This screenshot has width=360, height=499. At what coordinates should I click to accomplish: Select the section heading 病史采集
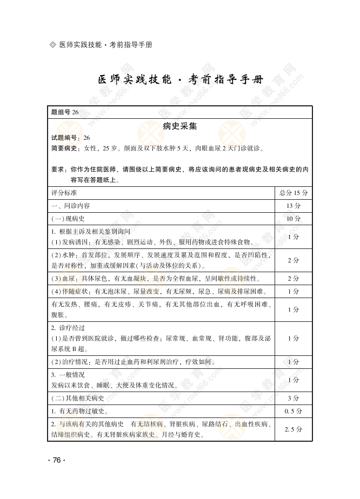pyautogui.click(x=180, y=126)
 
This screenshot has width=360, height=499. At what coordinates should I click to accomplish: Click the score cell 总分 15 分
pyautogui.click(x=294, y=193)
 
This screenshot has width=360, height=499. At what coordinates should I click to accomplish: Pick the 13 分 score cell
pyautogui.click(x=294, y=206)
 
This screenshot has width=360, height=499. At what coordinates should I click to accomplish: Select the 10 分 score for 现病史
pyautogui.click(x=294, y=219)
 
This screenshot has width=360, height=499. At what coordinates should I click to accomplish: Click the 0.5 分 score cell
pyautogui.click(x=294, y=411)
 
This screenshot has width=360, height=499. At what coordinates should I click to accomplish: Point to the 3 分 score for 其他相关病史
pyautogui.click(x=294, y=398)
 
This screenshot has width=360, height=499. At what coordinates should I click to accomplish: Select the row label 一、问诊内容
pyautogui.click(x=70, y=206)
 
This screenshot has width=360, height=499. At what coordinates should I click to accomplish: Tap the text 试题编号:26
pyautogui.click(x=70, y=138)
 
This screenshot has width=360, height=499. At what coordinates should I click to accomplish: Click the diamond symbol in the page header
pyautogui.click(x=52, y=44)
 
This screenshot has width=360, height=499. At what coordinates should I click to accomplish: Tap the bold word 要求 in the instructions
pyautogui.click(x=57, y=169)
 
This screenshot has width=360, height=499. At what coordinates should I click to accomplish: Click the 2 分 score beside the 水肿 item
pyautogui.click(x=294, y=260)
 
